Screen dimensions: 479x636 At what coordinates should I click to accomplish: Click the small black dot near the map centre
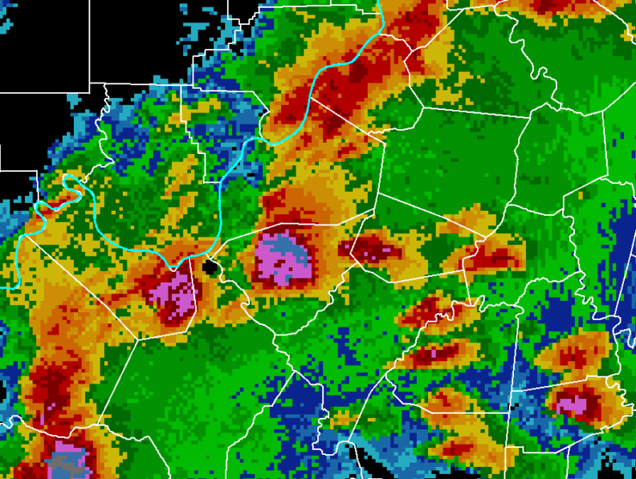click(x=210, y=266)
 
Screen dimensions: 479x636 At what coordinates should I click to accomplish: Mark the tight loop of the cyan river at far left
click(x=71, y=189)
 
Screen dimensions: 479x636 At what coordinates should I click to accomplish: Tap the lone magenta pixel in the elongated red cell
click(x=434, y=351)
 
